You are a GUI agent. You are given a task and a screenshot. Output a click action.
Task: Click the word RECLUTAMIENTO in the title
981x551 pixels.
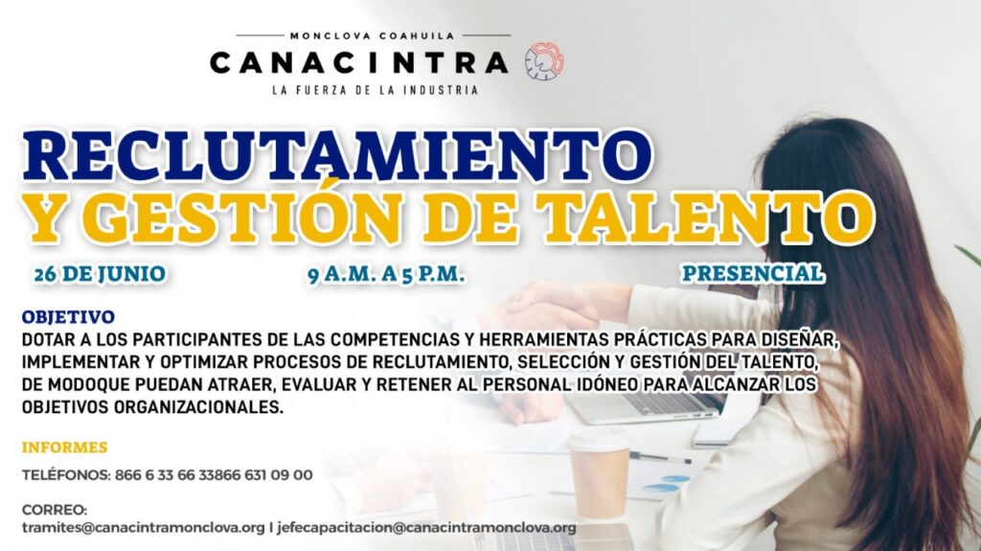click(x=336, y=154)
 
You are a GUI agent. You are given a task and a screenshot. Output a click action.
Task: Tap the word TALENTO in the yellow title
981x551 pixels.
click(x=707, y=218)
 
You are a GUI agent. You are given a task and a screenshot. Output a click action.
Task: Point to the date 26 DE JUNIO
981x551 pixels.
click(x=100, y=274)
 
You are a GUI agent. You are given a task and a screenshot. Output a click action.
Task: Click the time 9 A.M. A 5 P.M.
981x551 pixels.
click(x=386, y=275)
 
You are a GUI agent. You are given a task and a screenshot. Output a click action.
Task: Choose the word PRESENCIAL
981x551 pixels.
click(x=753, y=274)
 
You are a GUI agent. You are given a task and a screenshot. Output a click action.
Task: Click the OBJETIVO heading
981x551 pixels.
click(x=68, y=317)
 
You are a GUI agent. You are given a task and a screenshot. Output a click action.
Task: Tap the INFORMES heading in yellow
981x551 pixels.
click(x=64, y=448)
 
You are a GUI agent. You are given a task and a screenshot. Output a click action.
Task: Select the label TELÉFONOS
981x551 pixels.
click(x=66, y=474)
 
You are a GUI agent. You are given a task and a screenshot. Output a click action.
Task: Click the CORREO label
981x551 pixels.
click(x=55, y=510)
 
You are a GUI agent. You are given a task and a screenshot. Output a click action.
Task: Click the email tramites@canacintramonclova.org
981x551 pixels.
click(x=144, y=527)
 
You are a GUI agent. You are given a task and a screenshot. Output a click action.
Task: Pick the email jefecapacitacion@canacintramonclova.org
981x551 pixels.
click(x=426, y=527)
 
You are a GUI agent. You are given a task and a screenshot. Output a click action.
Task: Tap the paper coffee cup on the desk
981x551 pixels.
click(x=599, y=472)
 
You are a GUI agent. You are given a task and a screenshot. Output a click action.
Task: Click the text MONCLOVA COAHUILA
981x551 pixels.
click(x=373, y=36)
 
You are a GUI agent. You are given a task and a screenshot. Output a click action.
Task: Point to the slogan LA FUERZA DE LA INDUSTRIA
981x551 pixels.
click(x=375, y=90)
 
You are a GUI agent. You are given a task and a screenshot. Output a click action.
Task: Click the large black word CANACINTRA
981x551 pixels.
click(x=359, y=62)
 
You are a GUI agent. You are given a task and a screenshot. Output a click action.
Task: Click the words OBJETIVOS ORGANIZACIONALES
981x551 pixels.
click(x=152, y=407)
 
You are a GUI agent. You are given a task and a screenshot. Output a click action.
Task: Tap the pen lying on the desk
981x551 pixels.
click(x=660, y=458)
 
